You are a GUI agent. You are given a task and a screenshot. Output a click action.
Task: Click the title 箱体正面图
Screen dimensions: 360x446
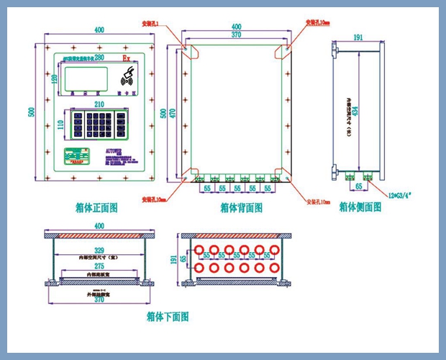[x=96, y=207]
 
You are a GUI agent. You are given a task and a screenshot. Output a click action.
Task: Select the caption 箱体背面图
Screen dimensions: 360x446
[x=241, y=207]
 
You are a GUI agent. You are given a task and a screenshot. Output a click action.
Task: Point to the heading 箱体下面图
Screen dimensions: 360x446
[x=167, y=317]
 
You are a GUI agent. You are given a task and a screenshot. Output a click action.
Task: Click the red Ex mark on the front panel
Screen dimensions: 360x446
[x=127, y=56]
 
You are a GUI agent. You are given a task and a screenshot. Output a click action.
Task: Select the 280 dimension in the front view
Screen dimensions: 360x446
[x=99, y=57]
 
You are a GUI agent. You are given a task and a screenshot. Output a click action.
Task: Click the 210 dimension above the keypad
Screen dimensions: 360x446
[x=99, y=105]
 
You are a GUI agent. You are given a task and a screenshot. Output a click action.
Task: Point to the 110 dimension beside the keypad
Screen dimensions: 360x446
[x=60, y=125]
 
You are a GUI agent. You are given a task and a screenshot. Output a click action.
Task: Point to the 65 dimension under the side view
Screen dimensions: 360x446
[x=358, y=186]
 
